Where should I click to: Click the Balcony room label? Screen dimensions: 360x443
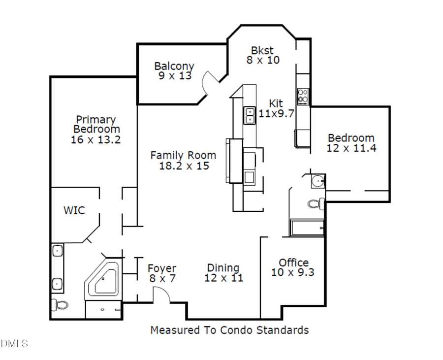(174, 66)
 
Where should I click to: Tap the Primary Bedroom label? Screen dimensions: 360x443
(96, 124)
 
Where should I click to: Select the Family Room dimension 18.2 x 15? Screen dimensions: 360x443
(184, 166)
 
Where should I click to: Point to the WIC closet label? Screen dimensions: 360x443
(74, 210)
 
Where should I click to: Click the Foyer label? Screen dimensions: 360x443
(162, 268)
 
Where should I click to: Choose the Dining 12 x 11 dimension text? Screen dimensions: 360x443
(223, 278)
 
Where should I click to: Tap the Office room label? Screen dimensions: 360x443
(294, 262)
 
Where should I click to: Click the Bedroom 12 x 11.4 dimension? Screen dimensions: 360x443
(351, 148)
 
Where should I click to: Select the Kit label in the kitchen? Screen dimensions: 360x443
(276, 103)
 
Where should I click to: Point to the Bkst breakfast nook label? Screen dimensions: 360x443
(262, 50)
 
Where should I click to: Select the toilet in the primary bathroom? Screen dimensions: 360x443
(60, 305)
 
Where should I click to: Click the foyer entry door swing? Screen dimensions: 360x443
(161, 295)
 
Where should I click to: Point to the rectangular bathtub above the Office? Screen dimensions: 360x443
(306, 228)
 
